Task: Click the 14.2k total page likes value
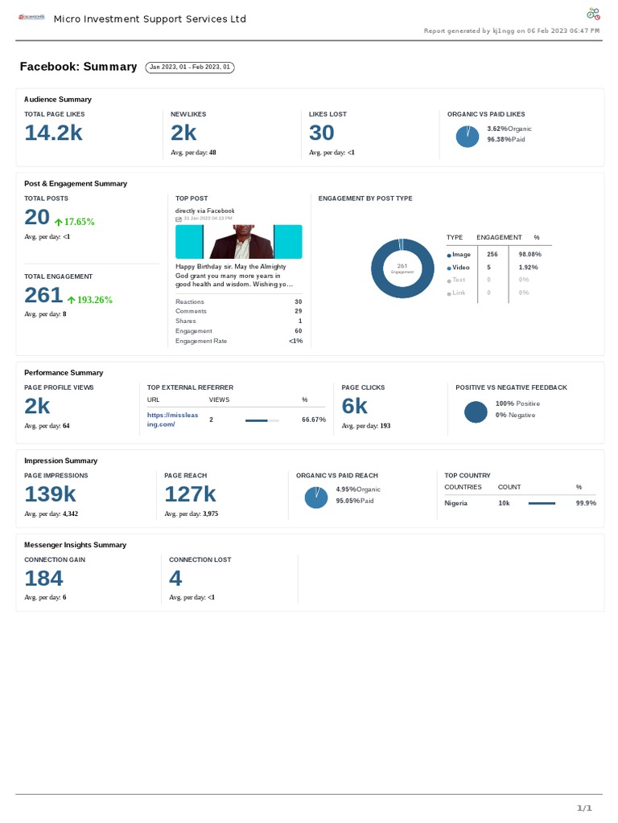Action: pyautogui.click(x=53, y=133)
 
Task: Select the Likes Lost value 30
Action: pyautogui.click(x=321, y=133)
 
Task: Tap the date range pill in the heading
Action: pyautogui.click(x=190, y=68)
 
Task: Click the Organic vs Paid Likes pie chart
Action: pyautogui.click(x=467, y=137)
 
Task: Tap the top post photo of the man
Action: pyautogui.click(x=239, y=241)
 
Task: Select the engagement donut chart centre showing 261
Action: pyautogui.click(x=402, y=269)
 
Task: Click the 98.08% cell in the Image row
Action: pyautogui.click(x=529, y=254)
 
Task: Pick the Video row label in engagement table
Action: pyautogui.click(x=460, y=267)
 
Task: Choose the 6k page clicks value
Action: pyautogui.click(x=354, y=406)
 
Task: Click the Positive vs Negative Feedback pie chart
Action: pyautogui.click(x=476, y=411)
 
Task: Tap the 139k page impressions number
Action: pyautogui.click(x=50, y=493)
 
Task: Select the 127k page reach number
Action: pyautogui.click(x=190, y=493)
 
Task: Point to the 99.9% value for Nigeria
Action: pyautogui.click(x=585, y=503)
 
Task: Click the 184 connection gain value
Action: pyautogui.click(x=43, y=578)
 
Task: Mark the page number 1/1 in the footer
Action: pyautogui.click(x=584, y=808)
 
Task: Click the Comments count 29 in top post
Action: pyautogui.click(x=298, y=311)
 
